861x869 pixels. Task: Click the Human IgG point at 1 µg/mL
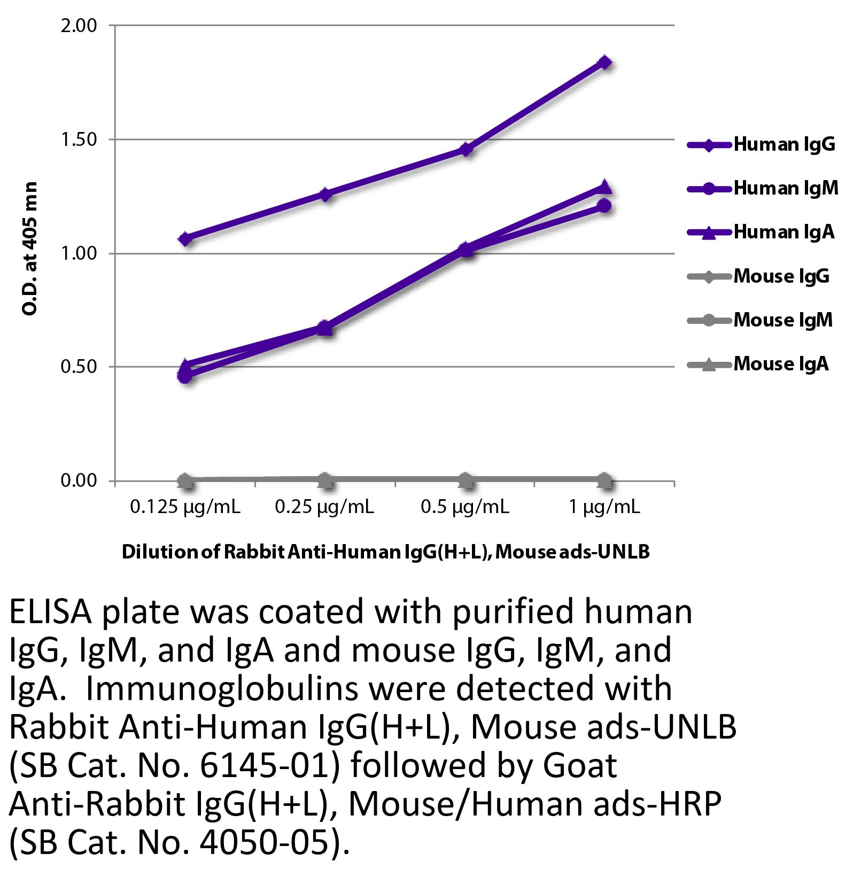(x=604, y=62)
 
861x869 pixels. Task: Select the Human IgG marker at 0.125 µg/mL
(x=185, y=239)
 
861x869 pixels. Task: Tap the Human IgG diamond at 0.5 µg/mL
(x=466, y=149)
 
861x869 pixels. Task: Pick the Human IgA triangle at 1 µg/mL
(x=604, y=187)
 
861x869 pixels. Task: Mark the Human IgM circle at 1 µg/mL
(x=604, y=205)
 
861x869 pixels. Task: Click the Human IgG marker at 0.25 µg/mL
(x=326, y=194)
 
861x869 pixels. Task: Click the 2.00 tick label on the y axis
(x=79, y=25)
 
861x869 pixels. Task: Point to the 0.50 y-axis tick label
(x=79, y=367)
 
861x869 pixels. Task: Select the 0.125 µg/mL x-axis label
(x=185, y=507)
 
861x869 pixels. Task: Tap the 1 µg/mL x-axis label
(x=604, y=507)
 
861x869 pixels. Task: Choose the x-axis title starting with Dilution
(x=385, y=552)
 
